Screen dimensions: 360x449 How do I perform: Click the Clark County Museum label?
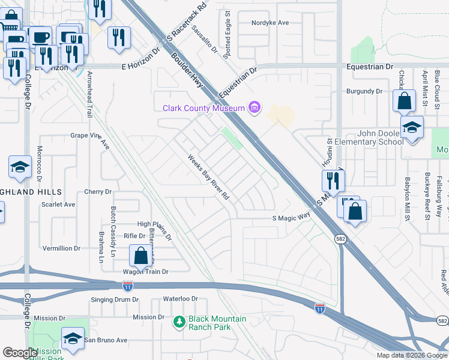pyautogui.click(x=203, y=108)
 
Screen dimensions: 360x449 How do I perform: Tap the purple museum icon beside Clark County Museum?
pyautogui.click(x=255, y=108)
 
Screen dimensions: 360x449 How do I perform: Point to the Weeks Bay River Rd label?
pyautogui.click(x=208, y=178)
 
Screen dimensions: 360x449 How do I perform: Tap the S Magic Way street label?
pyautogui.click(x=291, y=219)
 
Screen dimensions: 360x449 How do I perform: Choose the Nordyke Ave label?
pyautogui.click(x=271, y=23)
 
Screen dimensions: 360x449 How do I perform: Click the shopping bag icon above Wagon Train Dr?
pyautogui.click(x=140, y=256)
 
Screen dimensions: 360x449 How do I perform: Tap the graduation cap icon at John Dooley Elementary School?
pyautogui.click(x=412, y=128)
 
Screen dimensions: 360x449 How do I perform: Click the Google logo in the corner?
pyautogui.click(x=19, y=353)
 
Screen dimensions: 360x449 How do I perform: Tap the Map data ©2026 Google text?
pyautogui.click(x=411, y=355)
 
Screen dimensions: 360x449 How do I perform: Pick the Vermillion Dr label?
pyautogui.click(x=61, y=248)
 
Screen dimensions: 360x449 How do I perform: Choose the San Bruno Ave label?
pyautogui.click(x=105, y=340)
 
